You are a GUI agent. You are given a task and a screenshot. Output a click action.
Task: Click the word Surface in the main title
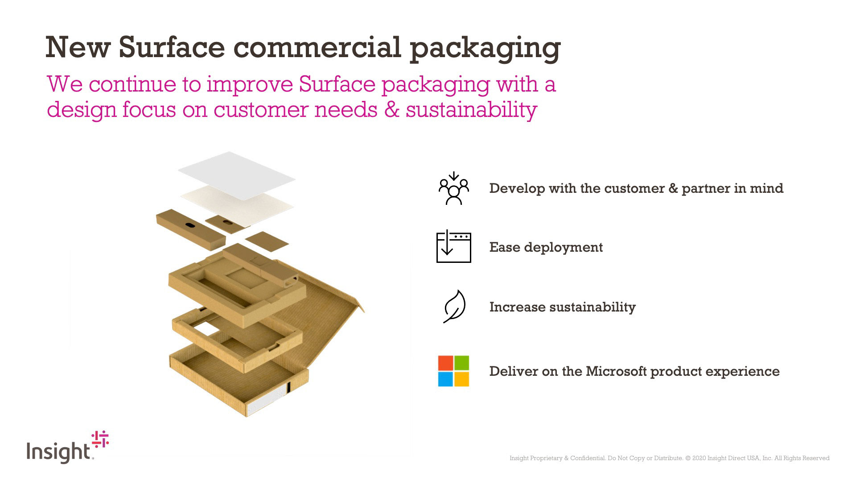coord(172,47)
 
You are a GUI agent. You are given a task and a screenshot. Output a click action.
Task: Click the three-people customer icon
coord(453,188)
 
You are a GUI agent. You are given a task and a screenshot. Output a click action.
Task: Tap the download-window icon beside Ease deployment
coord(453,246)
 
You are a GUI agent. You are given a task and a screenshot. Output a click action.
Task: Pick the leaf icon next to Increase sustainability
coord(454,307)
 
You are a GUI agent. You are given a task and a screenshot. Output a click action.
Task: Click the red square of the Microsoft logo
coord(445,363)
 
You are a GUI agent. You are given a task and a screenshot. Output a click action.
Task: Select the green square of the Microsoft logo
coord(462,363)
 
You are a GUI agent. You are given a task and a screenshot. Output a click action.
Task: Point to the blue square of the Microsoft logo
coord(445,379)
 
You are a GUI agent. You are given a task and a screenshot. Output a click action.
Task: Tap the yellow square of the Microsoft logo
coord(462,379)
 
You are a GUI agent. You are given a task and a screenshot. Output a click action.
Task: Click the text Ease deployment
coord(546,247)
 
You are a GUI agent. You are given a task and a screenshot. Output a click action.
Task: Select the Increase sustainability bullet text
coord(562,307)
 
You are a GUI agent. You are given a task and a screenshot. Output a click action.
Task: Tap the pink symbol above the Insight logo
coord(100,439)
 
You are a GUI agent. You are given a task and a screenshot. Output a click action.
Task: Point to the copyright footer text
coord(669,458)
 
